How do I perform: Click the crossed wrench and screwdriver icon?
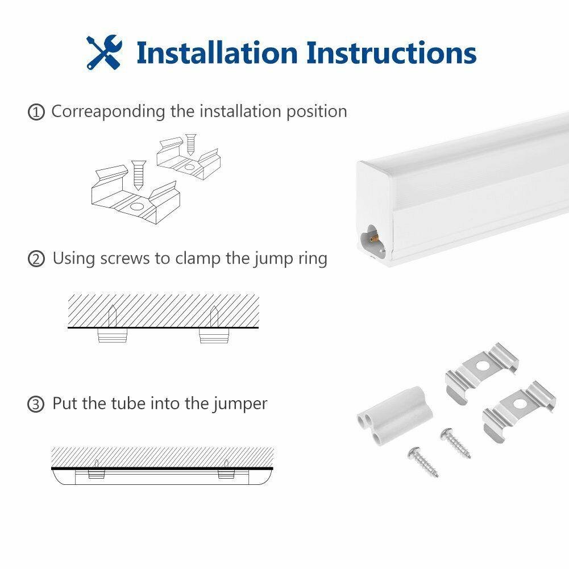104,52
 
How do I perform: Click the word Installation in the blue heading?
217,53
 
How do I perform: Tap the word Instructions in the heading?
391,53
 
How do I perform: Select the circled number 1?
36,112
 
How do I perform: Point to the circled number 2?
36,259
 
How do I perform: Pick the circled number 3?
36,404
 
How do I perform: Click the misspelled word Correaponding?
108,112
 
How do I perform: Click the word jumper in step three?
240,404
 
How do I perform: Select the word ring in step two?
313,259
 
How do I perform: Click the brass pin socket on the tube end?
373,238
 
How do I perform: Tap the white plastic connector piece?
395,415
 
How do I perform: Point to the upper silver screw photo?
455,443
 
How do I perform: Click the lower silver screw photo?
423,462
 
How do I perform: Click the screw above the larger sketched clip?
139,175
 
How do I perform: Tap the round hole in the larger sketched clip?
137,207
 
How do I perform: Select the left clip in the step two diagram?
113,335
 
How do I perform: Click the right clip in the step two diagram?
214,335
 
